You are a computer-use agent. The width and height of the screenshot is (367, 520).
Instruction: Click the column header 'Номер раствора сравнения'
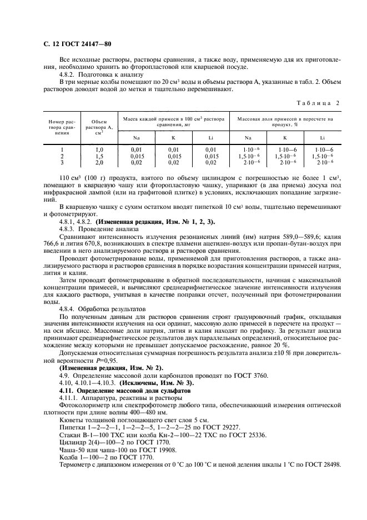[x=61, y=127]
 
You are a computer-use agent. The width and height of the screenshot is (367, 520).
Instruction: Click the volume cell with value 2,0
[x=99, y=162]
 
